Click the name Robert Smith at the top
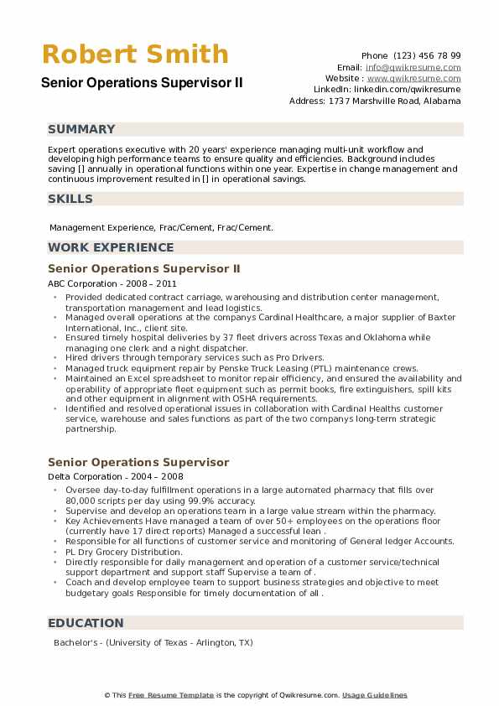[134, 55]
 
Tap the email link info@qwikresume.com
[413, 67]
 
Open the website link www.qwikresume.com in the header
[413, 78]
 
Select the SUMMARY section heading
[81, 129]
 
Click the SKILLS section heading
[70, 199]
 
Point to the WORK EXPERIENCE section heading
[111, 247]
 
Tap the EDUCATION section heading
[86, 623]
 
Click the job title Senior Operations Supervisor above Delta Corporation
[138, 462]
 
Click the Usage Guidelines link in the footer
[374, 695]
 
